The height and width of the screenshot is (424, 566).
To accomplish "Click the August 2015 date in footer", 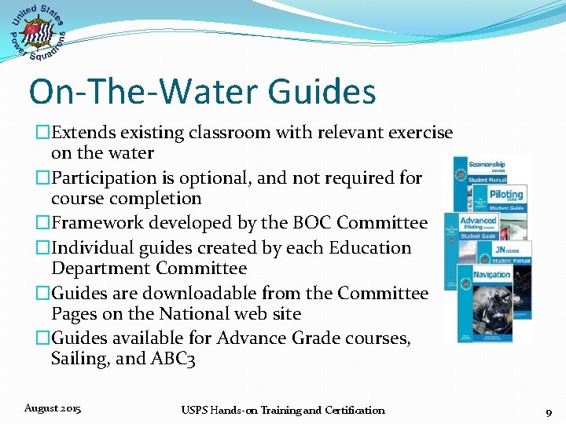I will pyautogui.click(x=52, y=408).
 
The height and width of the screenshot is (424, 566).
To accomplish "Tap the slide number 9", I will pyautogui.click(x=548, y=411).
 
